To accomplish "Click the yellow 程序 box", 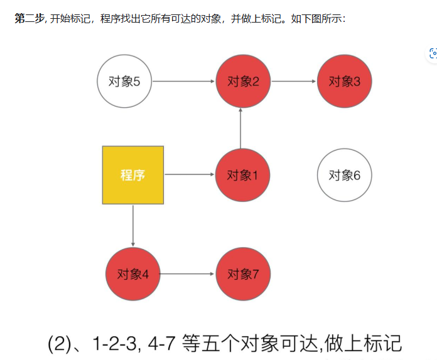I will point(133,175).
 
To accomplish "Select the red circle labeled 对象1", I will point(242,175).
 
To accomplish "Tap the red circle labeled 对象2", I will point(242,81).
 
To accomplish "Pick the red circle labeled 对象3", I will point(344,81).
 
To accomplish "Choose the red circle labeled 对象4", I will point(132,274).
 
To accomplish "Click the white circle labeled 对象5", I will point(124,81).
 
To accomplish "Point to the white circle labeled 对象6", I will point(344,175).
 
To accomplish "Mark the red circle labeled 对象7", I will point(242,274).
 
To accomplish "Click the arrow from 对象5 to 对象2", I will point(183,81).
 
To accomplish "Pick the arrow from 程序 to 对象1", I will point(189,175).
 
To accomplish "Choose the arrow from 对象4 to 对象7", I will point(187,274).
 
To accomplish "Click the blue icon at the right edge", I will point(433,53).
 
